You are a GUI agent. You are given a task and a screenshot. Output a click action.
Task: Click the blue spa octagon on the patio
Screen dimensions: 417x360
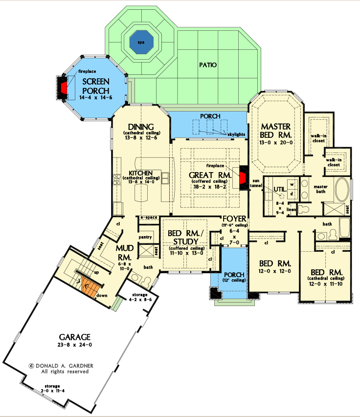click(x=141, y=43)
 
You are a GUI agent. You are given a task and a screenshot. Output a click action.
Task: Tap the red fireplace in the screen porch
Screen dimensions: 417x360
click(x=64, y=88)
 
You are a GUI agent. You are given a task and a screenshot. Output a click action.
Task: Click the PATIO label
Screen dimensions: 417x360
click(x=208, y=65)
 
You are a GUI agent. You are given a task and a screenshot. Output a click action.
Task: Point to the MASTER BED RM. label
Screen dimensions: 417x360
click(x=276, y=130)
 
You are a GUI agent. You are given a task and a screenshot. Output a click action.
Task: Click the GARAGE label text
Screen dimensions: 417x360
click(x=75, y=337)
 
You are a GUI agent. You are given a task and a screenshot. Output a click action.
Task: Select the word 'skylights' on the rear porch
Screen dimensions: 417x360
click(x=236, y=133)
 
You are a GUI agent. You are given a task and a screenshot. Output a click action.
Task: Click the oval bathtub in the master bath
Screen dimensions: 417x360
click(x=341, y=190)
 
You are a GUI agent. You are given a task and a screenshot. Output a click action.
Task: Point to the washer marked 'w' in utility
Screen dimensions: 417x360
click(x=292, y=184)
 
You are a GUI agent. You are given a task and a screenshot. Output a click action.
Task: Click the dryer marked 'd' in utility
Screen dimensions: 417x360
click(x=292, y=194)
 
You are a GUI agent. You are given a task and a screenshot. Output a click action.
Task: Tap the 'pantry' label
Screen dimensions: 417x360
click(x=146, y=237)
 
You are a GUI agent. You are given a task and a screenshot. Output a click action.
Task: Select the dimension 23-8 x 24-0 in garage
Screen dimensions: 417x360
click(x=75, y=345)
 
